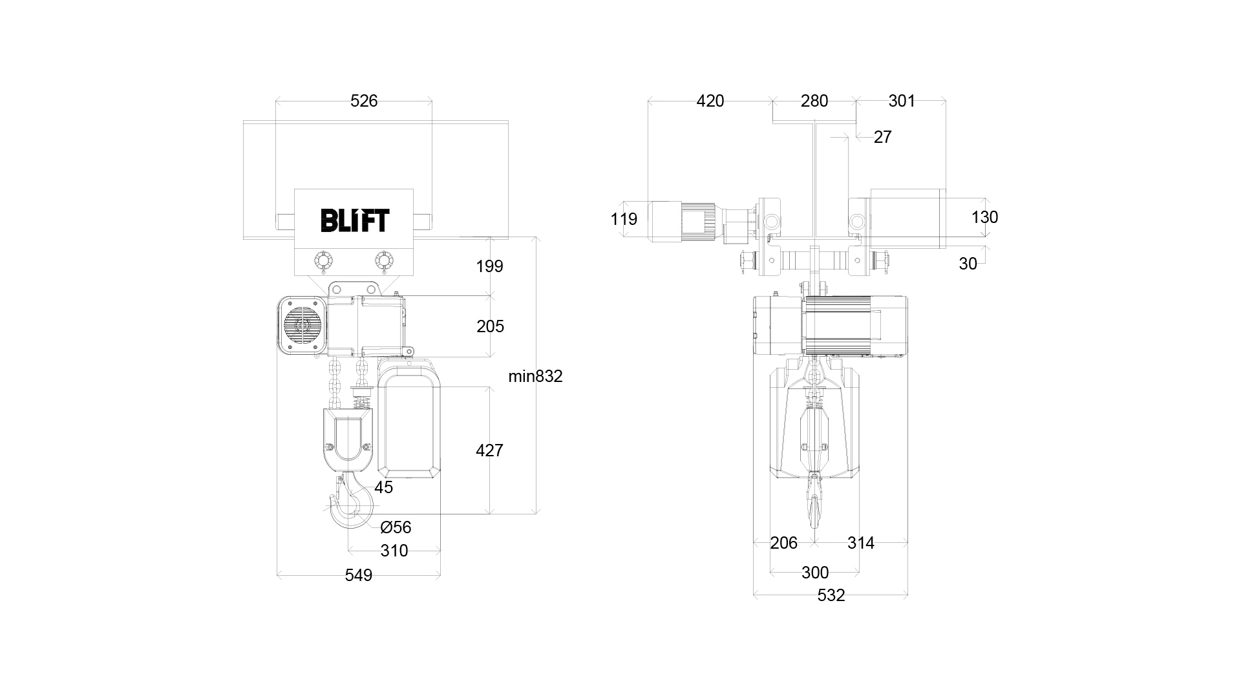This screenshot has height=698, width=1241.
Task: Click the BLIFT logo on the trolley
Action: pyautogui.click(x=355, y=220)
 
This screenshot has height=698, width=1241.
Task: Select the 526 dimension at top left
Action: pyautogui.click(x=363, y=101)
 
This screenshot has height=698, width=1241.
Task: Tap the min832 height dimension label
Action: pyautogui.click(x=535, y=376)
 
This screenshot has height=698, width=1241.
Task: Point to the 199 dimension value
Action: pyautogui.click(x=489, y=266)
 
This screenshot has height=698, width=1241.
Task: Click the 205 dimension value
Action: pyautogui.click(x=490, y=326)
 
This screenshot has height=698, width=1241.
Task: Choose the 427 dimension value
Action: pyautogui.click(x=489, y=450)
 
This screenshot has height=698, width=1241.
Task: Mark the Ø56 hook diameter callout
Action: pyautogui.click(x=396, y=527)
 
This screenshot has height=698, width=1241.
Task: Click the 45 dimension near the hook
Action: pyautogui.click(x=383, y=487)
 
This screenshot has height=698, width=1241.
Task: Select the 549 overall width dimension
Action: pyautogui.click(x=358, y=575)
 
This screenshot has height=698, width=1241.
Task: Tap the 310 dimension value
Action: pyautogui.click(x=394, y=551)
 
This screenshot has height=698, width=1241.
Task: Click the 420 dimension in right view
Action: pyautogui.click(x=710, y=101)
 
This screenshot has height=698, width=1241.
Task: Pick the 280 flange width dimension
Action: pyautogui.click(x=814, y=101)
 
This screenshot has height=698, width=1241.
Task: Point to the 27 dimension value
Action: pyautogui.click(x=882, y=137)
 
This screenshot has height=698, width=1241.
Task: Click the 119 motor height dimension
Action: pyautogui.click(x=624, y=219)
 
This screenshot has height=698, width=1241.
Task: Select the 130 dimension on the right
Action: pyautogui.click(x=984, y=217)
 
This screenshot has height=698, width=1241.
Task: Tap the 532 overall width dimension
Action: pyautogui.click(x=831, y=595)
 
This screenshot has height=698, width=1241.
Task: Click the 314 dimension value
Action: pyautogui.click(x=860, y=543)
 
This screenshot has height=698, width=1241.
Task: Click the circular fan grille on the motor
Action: pyautogui.click(x=302, y=324)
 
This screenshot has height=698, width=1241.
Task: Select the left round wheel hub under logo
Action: pyautogui.click(x=323, y=261)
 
